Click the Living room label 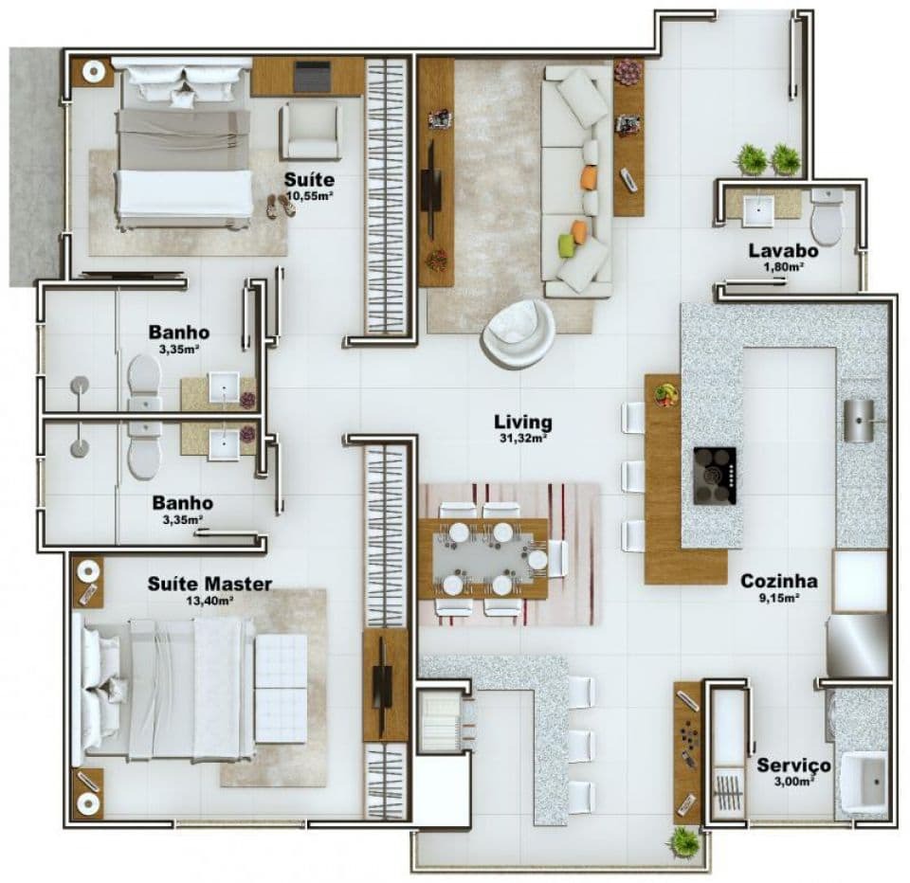523,423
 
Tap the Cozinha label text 779,581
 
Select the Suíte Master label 209,584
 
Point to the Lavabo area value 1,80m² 784,267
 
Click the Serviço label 793,766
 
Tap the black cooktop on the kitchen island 715,476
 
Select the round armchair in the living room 519,333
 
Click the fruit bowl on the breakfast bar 666,394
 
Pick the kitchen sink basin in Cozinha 859,421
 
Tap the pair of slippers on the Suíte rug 281,206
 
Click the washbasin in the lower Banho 224,445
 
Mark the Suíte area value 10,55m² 309,195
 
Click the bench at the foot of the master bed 281,689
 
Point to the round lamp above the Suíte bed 93,71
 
